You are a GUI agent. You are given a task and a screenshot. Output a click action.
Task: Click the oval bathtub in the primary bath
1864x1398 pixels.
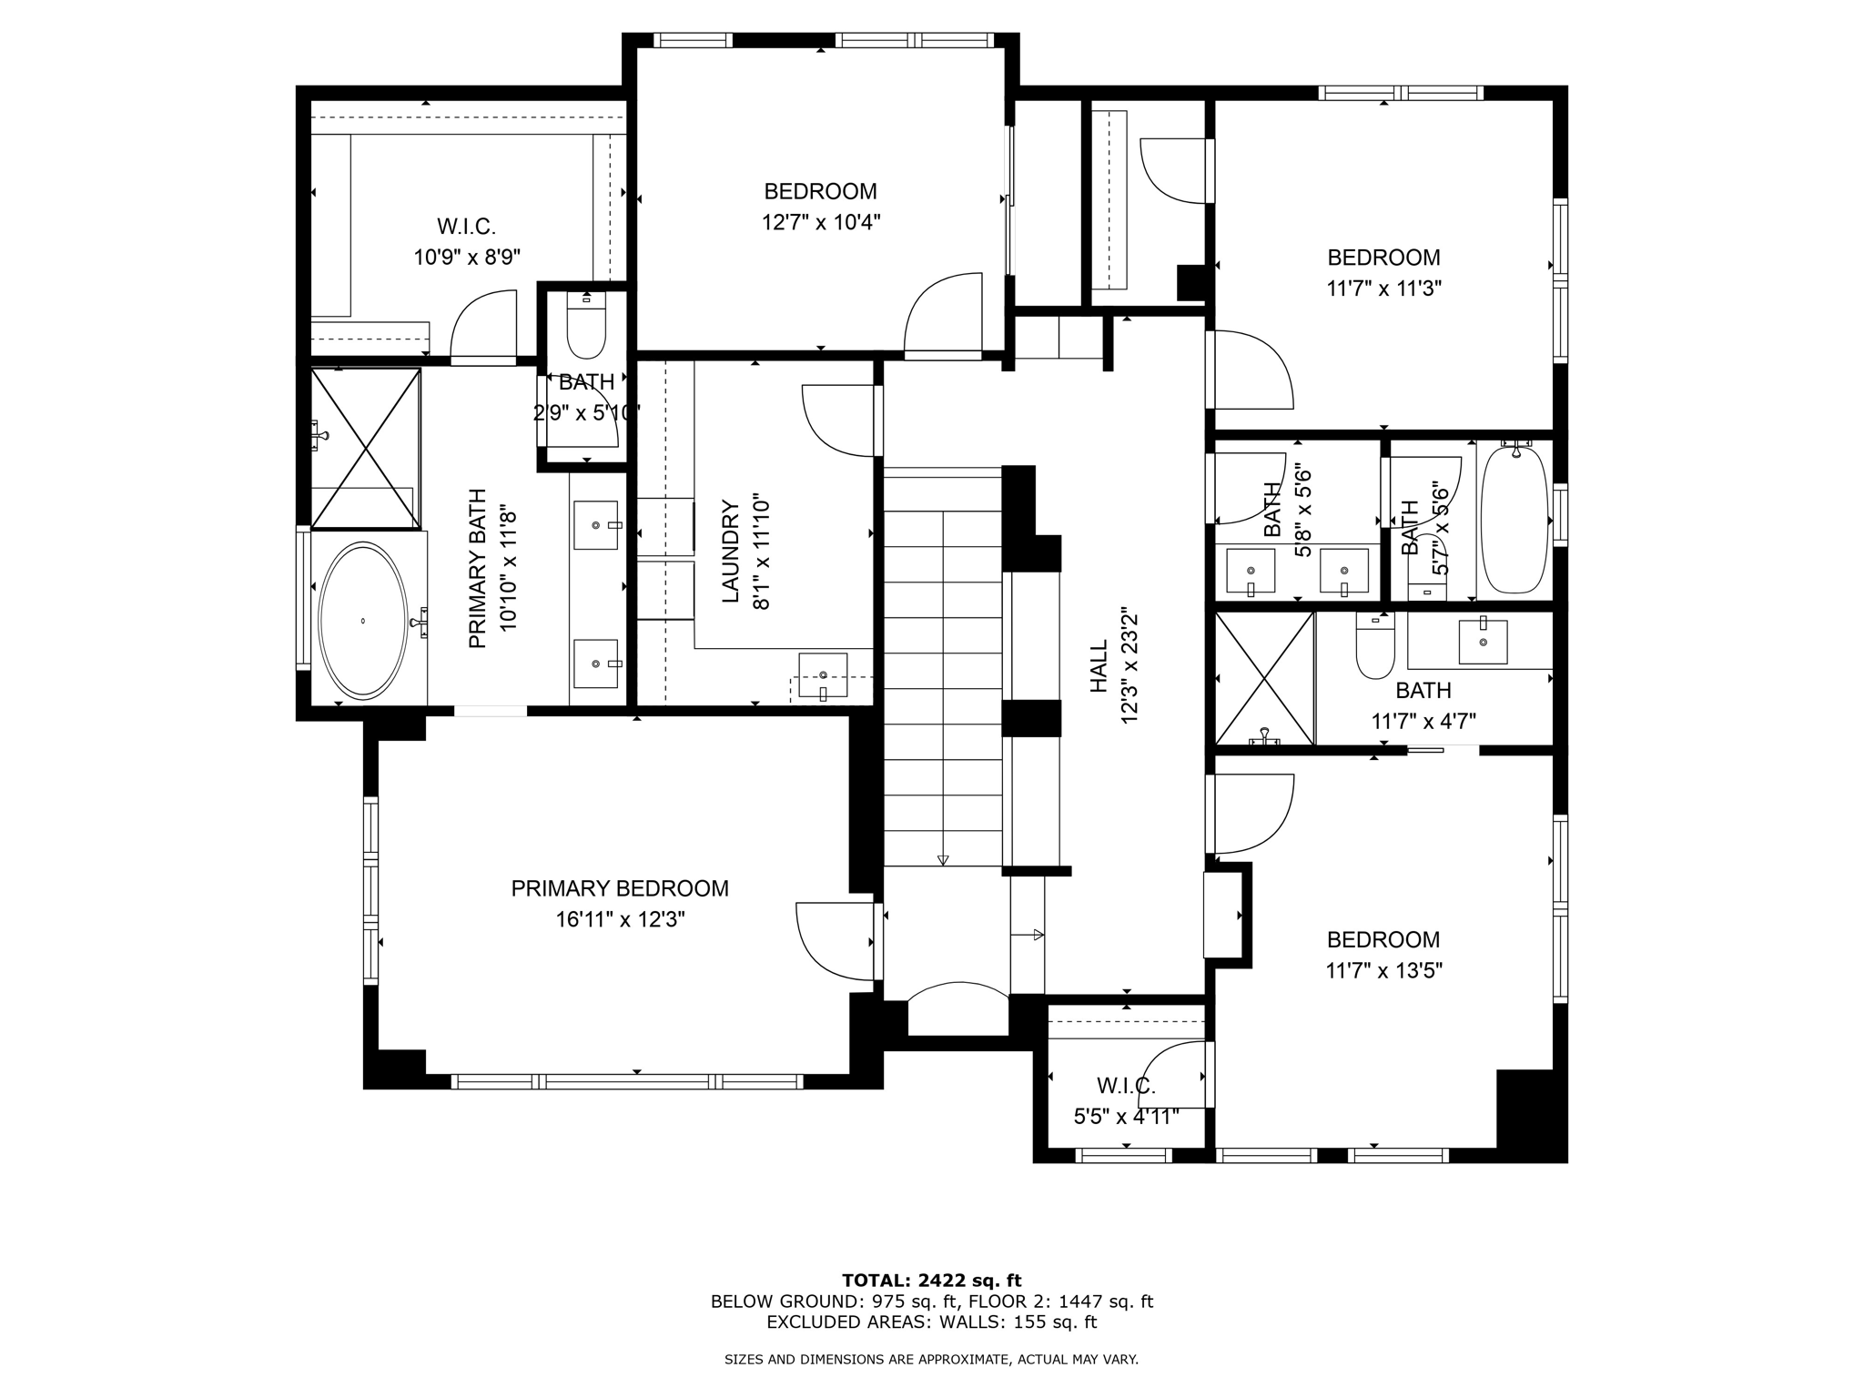pos(362,621)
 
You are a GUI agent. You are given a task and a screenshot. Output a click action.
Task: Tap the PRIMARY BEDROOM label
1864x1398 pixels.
pos(620,888)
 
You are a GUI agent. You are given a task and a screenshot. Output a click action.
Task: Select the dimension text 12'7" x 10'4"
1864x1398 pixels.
pos(821,222)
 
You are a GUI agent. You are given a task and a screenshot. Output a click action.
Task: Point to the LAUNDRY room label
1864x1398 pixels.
pos(730,552)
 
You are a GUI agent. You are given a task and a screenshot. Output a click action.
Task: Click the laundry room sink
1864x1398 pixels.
pos(823,675)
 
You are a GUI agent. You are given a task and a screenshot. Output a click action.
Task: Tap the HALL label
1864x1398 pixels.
pos(1099,665)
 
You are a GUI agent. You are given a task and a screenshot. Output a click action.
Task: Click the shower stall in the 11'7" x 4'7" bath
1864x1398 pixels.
pos(1265,679)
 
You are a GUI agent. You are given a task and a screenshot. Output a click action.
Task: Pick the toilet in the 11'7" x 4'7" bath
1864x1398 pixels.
pos(1374,648)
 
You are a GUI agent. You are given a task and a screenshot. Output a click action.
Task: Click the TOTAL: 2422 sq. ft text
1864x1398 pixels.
pos(932,1281)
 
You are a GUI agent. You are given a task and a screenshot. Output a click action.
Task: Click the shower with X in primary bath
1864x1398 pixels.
pos(366,448)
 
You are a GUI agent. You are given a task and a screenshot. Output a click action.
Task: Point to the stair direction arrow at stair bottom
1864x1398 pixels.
pos(943,859)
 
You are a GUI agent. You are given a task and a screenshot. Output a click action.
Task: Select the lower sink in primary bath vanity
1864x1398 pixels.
pos(596,664)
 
